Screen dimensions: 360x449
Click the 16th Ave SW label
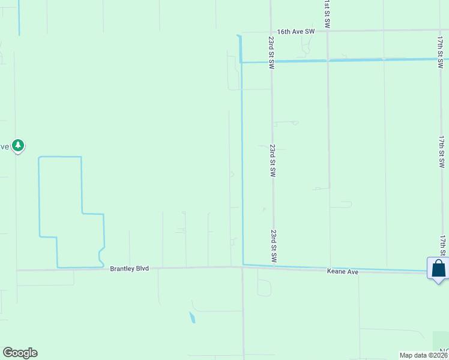pos(296,32)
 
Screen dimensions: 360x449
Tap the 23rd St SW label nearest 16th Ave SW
pos(271,52)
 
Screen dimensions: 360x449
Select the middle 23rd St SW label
pos(273,160)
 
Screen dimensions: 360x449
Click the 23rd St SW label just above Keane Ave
pos(273,246)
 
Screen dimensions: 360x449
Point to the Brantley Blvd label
pos(129,269)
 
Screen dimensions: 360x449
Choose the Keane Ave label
pos(343,272)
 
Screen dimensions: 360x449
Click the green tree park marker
pos(19,145)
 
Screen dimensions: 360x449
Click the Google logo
pos(20,353)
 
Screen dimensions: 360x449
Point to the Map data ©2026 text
pos(423,355)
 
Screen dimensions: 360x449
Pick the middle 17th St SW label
pos(442,151)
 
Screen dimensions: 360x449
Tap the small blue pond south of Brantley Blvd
pos(192,317)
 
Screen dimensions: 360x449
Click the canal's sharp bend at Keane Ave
pos(243,264)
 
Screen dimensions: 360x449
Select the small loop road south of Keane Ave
pos(264,287)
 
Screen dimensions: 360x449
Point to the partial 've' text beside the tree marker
pos(5,146)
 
